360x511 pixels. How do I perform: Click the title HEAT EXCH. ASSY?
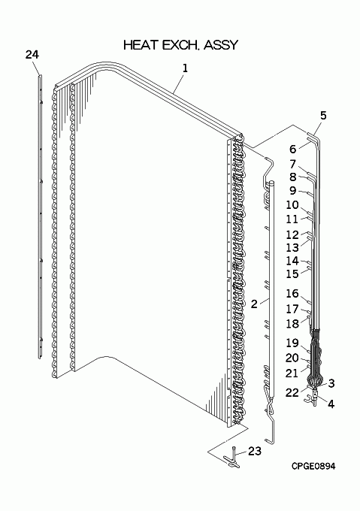(x=180, y=45)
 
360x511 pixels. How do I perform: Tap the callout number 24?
(x=32, y=54)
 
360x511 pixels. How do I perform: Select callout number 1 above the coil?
(x=185, y=68)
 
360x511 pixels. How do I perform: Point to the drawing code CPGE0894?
(x=313, y=467)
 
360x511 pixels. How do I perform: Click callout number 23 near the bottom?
(x=255, y=451)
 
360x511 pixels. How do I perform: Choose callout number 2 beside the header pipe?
(x=254, y=304)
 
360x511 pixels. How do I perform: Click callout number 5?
(x=323, y=116)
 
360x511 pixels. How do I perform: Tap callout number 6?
(x=293, y=150)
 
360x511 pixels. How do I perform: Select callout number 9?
(x=293, y=191)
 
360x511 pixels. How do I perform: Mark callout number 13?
(x=292, y=248)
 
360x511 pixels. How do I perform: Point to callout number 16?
(x=292, y=294)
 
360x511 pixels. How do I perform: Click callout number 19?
(x=292, y=343)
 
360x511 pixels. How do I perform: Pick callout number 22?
(x=292, y=393)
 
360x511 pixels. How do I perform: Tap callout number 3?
(x=331, y=383)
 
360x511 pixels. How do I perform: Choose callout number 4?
(x=331, y=404)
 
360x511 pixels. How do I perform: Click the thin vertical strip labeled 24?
(x=40, y=216)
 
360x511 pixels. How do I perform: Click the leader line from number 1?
(x=179, y=83)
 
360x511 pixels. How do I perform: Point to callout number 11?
(x=292, y=219)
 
